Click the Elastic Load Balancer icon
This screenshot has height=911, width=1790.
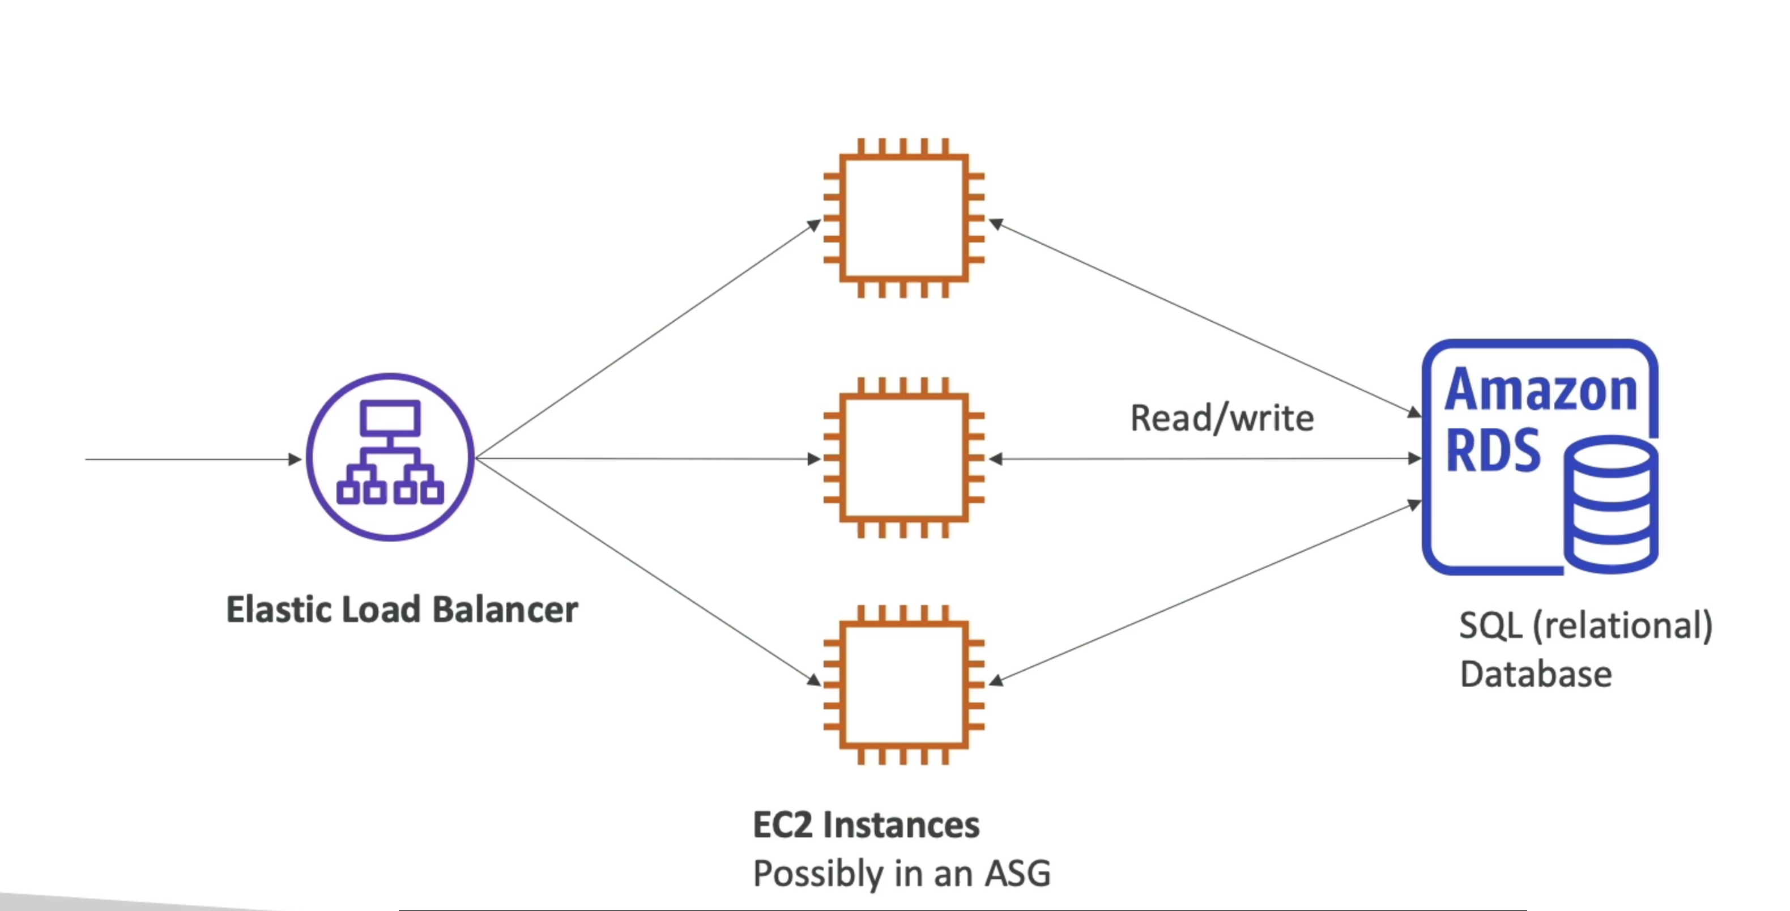[x=390, y=457]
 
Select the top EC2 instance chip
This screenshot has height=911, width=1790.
[x=903, y=218]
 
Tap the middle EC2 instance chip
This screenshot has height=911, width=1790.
[x=903, y=457]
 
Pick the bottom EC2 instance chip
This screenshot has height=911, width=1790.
[x=903, y=684]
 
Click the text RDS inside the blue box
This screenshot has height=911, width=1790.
[x=1493, y=451]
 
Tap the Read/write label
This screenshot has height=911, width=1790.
[x=1222, y=418]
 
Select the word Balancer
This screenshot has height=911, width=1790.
[x=505, y=610]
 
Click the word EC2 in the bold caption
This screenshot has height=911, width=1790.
[x=782, y=825]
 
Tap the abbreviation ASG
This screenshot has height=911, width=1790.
[x=1017, y=874]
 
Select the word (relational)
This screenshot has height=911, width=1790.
[x=1622, y=625]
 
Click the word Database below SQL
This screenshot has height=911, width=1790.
[x=1536, y=674]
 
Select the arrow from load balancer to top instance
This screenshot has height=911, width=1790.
[x=646, y=340]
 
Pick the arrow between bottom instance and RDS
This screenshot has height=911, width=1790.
[x=1205, y=592]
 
